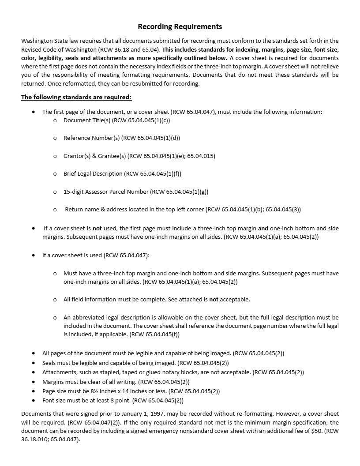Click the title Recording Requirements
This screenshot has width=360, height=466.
[180, 26]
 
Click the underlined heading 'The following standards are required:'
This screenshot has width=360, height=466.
[76, 97]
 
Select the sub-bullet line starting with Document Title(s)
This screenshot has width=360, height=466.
[116, 120]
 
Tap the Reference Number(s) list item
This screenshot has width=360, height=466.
[121, 138]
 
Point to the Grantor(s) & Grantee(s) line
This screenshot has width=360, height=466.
[139, 156]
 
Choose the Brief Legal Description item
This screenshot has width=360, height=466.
[122, 173]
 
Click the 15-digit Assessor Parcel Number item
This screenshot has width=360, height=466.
[135, 192]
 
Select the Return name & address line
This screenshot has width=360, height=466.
[183, 209]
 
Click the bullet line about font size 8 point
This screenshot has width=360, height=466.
[112, 400]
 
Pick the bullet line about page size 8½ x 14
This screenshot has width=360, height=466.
[131, 391]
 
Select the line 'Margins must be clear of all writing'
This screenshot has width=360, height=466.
[116, 382]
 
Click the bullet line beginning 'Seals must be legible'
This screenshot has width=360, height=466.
[135, 363]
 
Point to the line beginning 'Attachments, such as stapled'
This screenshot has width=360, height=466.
[173, 372]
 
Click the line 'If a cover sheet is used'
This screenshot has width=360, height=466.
[96, 255]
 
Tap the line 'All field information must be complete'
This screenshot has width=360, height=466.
[157, 299]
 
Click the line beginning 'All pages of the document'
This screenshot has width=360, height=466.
[163, 353]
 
